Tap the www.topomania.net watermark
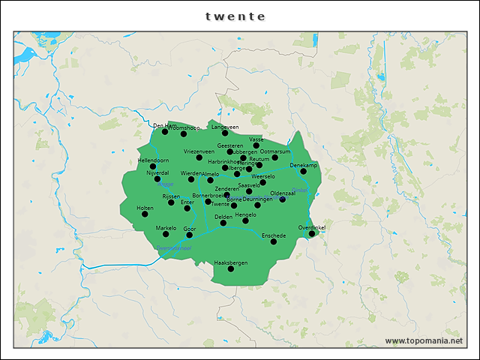coord(424,341)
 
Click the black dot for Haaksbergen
coord(230,268)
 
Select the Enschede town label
coord(274,235)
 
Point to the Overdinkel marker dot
coord(312,234)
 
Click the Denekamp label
coord(304,165)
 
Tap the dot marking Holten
coord(145,214)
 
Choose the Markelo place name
coord(166,227)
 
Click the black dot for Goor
coord(189,235)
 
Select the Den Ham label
coord(163,125)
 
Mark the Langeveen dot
coord(224,133)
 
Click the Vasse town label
coord(256,139)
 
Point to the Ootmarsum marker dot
coord(274,157)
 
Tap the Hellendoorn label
coord(153,160)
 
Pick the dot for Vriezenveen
coord(199,157)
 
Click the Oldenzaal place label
coord(283,193)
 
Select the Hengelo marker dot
coord(245,220)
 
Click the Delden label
coord(223,217)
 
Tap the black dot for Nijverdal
coord(157,179)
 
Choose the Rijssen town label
coord(171,196)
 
